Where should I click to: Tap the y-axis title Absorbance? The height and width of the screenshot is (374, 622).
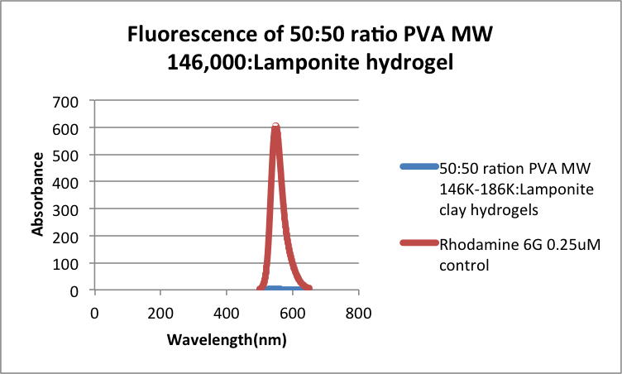[38, 195]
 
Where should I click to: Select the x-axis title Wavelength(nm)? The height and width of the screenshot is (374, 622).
[225, 340]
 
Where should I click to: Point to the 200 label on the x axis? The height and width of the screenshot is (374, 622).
[160, 314]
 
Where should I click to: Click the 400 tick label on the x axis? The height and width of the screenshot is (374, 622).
[227, 314]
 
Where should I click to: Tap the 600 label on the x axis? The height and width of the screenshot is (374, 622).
[292, 314]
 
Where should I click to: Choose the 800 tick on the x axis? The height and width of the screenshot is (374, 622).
[358, 314]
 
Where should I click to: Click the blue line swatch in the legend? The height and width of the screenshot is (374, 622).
[418, 166]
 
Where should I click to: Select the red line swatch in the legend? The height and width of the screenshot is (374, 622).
[418, 242]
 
